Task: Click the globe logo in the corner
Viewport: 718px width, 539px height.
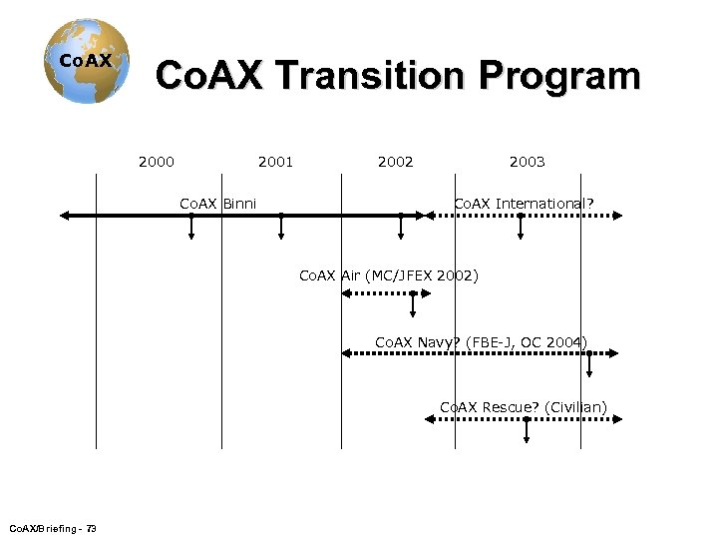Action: point(86,61)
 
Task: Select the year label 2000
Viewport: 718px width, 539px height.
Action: point(157,162)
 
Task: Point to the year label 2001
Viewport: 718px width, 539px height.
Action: point(275,162)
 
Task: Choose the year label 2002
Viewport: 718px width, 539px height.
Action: point(395,162)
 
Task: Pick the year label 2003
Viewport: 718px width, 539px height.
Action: point(527,162)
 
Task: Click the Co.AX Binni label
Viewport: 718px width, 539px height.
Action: point(217,204)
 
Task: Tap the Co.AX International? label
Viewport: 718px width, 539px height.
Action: point(524,204)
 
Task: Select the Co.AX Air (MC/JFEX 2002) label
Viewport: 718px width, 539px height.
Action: point(389,275)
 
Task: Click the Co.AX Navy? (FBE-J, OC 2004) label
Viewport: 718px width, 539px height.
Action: point(481,342)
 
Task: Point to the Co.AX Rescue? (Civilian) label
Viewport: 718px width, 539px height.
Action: point(523,406)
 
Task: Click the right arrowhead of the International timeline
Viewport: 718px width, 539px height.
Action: point(616,215)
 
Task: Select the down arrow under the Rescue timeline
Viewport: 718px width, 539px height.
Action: point(527,437)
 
